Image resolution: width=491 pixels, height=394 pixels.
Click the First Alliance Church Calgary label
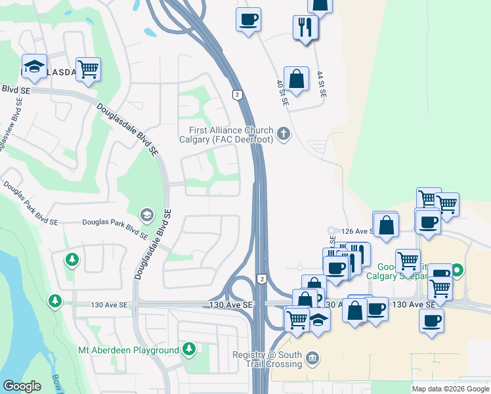tap(226, 135)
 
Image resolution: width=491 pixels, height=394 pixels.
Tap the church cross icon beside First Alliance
tap(284, 135)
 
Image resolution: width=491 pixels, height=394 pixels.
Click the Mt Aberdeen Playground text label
tap(129, 351)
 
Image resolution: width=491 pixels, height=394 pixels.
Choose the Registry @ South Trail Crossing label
tap(267, 359)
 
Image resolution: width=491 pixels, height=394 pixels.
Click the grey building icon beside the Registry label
tap(312, 359)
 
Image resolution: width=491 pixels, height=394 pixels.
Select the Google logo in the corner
tap(22, 386)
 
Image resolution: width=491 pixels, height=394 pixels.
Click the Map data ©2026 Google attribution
tap(450, 389)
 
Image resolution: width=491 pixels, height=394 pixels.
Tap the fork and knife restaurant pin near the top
tap(305, 27)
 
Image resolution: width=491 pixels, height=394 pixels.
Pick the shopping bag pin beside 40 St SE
tap(297, 78)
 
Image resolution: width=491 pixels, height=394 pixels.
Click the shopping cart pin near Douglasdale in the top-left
tap(88, 68)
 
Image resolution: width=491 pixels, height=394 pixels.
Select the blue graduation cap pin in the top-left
tap(34, 66)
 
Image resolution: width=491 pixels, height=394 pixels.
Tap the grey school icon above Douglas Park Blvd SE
tap(146, 214)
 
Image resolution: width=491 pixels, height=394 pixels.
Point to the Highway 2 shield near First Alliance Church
tap(236, 95)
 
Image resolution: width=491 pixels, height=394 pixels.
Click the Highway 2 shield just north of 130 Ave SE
tap(262, 279)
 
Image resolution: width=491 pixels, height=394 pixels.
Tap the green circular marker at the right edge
tap(458, 269)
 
